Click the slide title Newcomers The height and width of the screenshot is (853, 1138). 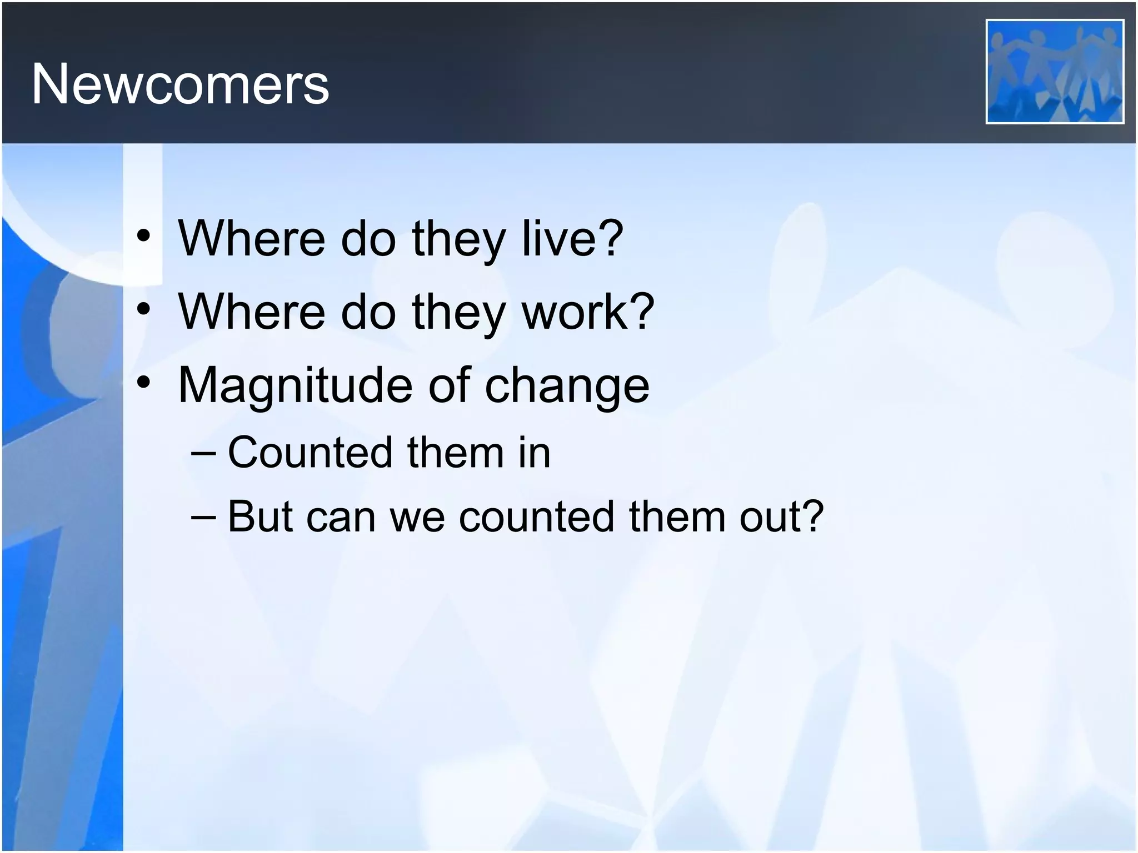[x=180, y=84]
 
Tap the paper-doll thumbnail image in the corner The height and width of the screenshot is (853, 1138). [x=1054, y=72]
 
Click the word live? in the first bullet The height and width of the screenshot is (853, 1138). [x=572, y=239]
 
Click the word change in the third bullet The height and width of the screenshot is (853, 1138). [x=567, y=386]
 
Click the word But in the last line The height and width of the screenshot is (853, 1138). [x=260, y=517]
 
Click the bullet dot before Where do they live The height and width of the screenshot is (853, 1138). [x=144, y=237]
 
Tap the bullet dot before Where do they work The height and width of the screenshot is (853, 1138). [x=144, y=309]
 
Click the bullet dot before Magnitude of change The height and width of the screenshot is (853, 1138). [x=144, y=383]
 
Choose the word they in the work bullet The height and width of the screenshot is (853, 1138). [x=458, y=312]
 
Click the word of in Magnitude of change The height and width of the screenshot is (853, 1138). [x=449, y=386]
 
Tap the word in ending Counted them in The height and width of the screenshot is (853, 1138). [x=534, y=453]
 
